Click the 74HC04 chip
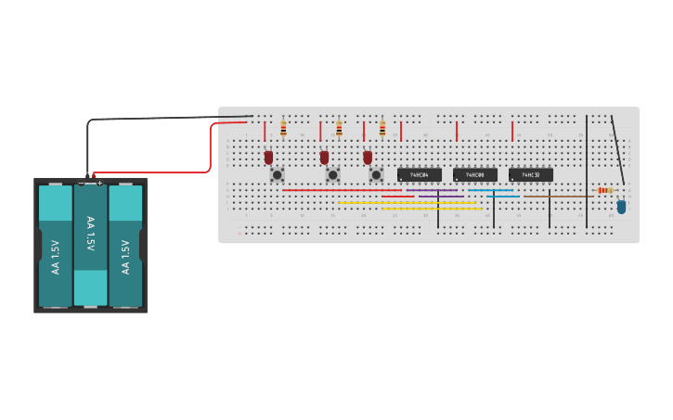tap(419, 174)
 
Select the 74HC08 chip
tap(474, 174)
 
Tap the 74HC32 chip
tap(530, 174)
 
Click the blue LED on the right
tap(621, 206)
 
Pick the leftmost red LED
tap(268, 157)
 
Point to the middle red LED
tap(324, 157)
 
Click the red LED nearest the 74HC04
tap(368, 157)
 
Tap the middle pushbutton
tap(332, 174)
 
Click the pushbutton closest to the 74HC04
tap(376, 174)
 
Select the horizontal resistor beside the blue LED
tap(605, 190)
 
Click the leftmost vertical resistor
tap(283, 128)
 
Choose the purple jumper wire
tap(433, 191)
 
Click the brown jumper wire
tap(558, 196)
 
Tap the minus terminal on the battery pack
tap(81, 183)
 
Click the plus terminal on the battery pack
tap(99, 183)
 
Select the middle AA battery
tap(90, 243)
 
